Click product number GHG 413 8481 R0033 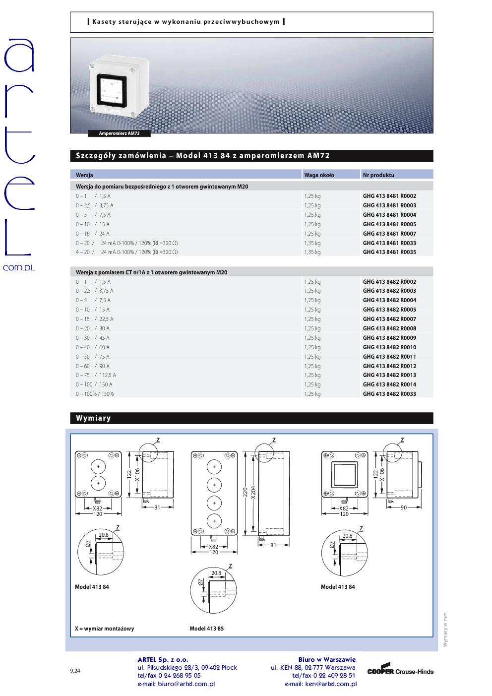tap(389, 243)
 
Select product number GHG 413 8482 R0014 tap(389, 384)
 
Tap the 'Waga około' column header tap(319, 175)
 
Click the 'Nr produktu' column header tap(378, 175)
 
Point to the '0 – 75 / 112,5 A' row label tap(96, 375)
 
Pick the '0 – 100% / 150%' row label tap(95, 394)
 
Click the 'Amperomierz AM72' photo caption tap(119, 133)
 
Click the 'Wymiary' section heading tap(93, 418)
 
